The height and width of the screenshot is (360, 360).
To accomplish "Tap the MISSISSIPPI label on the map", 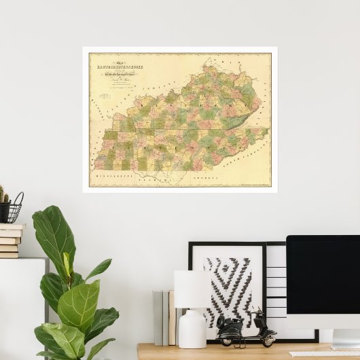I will (x=112, y=176).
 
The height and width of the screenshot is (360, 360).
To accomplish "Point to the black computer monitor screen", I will (x=323, y=272).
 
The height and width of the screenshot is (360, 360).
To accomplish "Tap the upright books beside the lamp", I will (x=164, y=318).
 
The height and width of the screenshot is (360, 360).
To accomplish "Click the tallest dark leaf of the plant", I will (x=53, y=234).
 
